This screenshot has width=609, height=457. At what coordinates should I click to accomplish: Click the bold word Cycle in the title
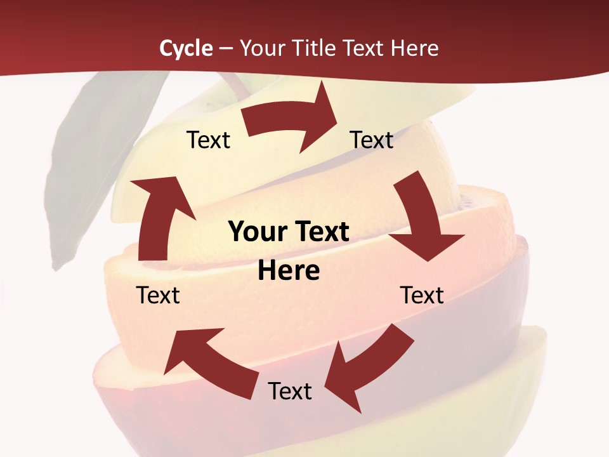pos(186,48)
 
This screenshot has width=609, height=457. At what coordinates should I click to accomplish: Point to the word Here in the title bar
pos(414,48)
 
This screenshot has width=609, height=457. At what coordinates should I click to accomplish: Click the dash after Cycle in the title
pos(225,48)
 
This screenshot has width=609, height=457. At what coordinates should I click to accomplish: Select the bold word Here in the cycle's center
pos(289,271)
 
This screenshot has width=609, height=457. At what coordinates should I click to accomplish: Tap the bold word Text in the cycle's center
pos(320,232)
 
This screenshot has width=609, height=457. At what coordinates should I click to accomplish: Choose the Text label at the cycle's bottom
pos(290,392)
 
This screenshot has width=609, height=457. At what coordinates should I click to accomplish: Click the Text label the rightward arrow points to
pos(372,140)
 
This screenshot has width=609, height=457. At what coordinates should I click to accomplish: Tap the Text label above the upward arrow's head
pos(208,140)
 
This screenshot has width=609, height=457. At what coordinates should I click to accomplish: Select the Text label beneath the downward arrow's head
pos(422,296)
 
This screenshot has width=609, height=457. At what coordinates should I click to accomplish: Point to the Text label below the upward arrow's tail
pos(158,296)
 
